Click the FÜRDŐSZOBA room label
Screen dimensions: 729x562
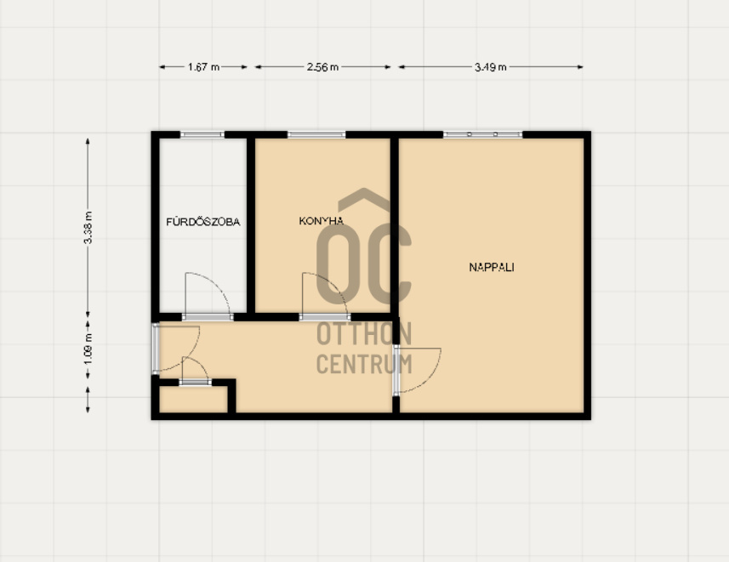[x=203, y=222]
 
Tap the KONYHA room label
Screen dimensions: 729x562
[x=322, y=221]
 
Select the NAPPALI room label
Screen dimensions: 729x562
[x=492, y=267]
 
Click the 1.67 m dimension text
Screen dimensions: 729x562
[x=203, y=67]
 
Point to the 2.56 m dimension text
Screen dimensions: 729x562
[x=322, y=67]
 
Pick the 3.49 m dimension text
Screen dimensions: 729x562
[x=491, y=67]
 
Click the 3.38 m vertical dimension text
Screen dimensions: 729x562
[x=88, y=227]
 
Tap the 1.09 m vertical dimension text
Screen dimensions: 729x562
[x=88, y=349]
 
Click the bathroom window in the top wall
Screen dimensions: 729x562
[x=202, y=135]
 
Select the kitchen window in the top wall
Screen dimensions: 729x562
[x=316, y=135]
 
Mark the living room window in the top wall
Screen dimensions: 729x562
[x=482, y=135]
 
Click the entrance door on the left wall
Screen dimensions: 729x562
[x=156, y=349]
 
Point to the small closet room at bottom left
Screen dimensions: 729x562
[x=193, y=399]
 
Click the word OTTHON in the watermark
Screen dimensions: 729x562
[x=364, y=334]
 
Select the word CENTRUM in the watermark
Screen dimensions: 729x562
[x=364, y=364]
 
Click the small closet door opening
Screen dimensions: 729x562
[x=196, y=383]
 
